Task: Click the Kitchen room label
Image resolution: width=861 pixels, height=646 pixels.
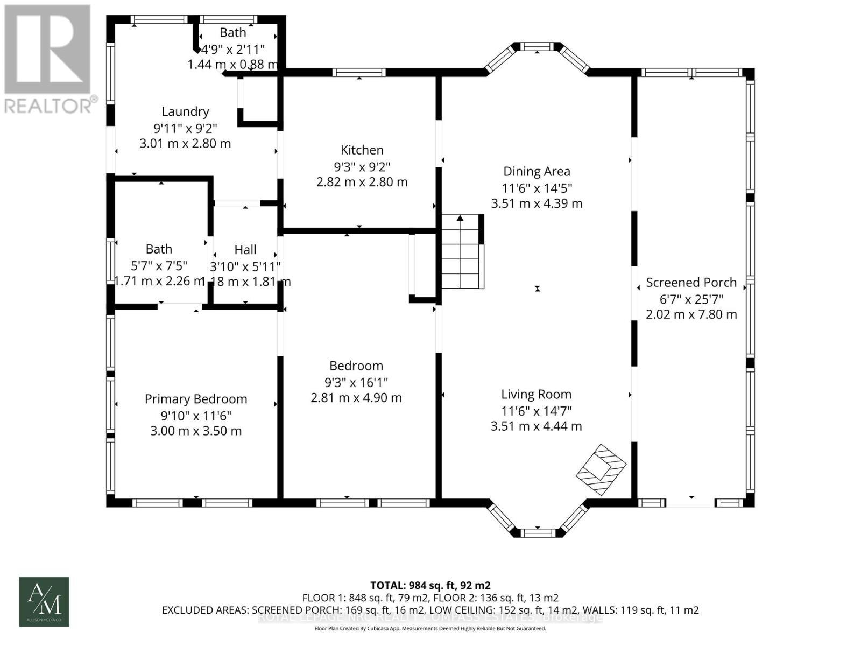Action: (x=362, y=150)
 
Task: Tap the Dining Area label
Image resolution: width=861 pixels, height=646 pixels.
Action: (x=537, y=171)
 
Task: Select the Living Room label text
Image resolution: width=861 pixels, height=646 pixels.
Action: (x=536, y=394)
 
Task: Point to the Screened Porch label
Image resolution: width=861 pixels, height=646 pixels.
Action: (x=691, y=282)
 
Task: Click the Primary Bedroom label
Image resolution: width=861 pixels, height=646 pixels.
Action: (x=196, y=399)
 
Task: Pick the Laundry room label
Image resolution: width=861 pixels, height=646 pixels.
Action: (x=185, y=111)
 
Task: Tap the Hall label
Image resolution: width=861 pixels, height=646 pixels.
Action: (x=245, y=249)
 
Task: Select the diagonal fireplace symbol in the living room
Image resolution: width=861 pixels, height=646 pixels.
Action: (x=601, y=469)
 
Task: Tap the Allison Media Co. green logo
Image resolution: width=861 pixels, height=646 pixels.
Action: (x=44, y=601)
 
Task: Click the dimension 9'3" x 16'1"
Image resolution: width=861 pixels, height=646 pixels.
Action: (x=356, y=382)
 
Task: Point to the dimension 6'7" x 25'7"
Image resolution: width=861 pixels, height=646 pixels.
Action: (x=691, y=299)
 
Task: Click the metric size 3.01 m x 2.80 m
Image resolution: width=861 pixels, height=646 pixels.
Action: (x=185, y=144)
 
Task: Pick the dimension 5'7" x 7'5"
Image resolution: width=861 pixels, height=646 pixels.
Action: (x=159, y=265)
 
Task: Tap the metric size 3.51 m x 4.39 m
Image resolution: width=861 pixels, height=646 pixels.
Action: (x=537, y=203)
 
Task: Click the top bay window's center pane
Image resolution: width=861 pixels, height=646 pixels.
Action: (x=538, y=47)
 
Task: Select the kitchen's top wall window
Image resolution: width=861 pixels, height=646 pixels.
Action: (x=359, y=72)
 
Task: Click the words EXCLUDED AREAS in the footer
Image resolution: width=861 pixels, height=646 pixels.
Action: (x=205, y=610)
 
